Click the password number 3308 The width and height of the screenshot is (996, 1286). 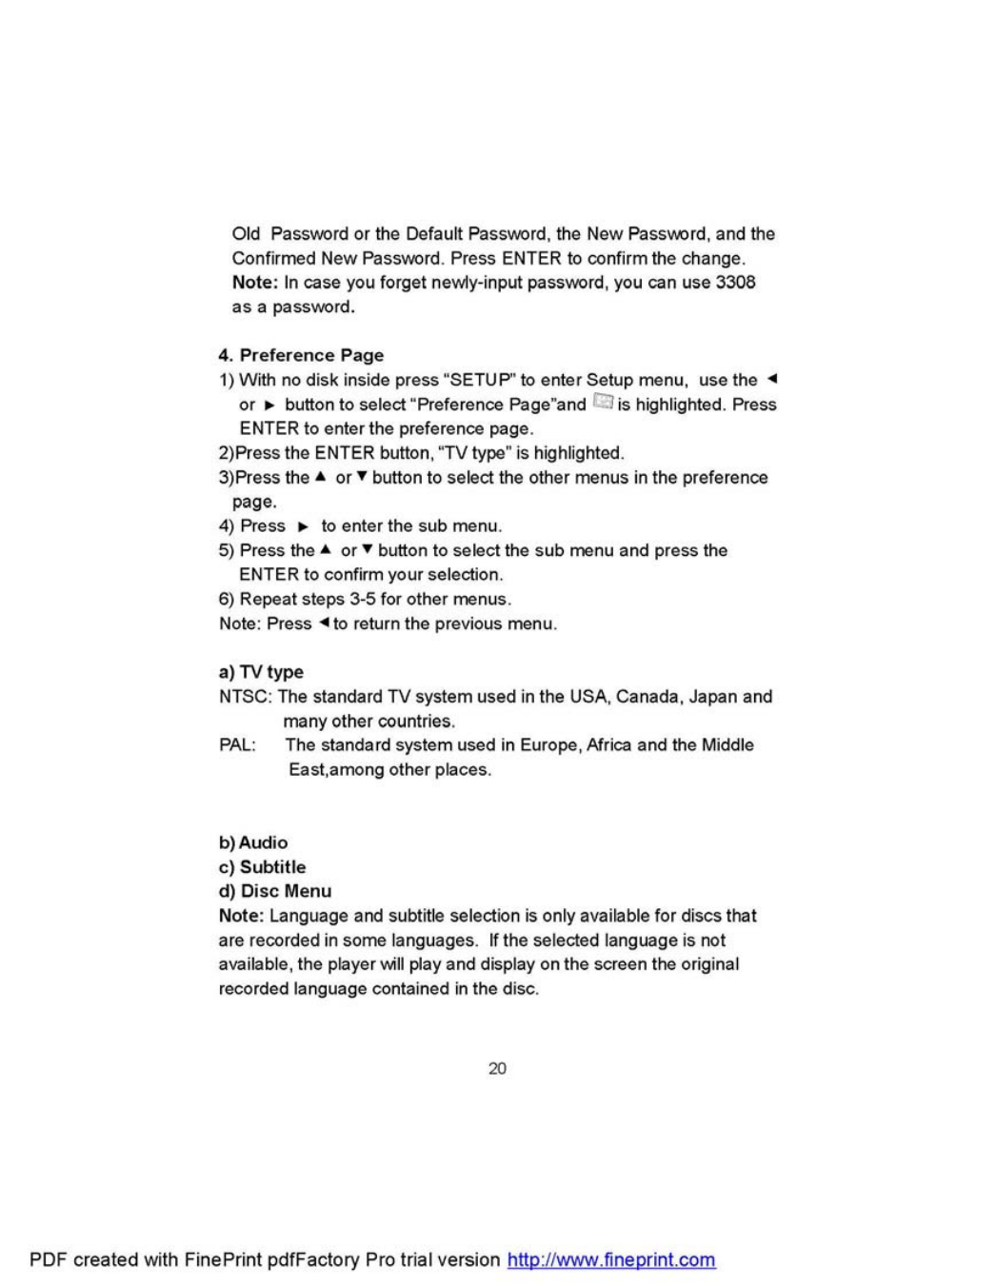735,283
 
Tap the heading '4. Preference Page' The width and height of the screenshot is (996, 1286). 301,355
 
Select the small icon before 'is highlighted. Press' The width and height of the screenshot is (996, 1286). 602,403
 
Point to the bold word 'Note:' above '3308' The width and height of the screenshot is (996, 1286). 254,283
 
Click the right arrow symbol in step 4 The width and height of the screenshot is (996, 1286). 304,526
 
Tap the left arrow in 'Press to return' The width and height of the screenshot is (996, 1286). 324,623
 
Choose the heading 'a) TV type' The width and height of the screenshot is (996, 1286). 261,672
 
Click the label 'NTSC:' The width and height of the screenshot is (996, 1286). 246,697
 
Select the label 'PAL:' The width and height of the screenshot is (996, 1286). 238,745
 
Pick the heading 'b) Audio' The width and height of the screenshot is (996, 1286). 253,842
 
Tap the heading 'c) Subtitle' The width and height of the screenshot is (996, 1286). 262,867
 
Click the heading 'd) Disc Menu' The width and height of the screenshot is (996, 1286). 275,891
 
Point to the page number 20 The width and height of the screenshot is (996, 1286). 497,1069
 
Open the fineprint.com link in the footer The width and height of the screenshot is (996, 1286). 611,1260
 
